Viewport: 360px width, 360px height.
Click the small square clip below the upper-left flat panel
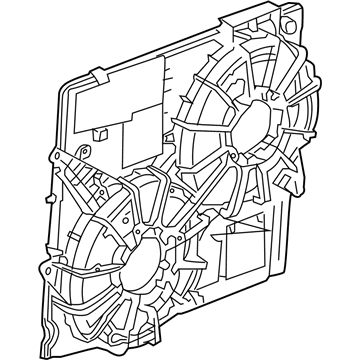[x=104, y=131]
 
